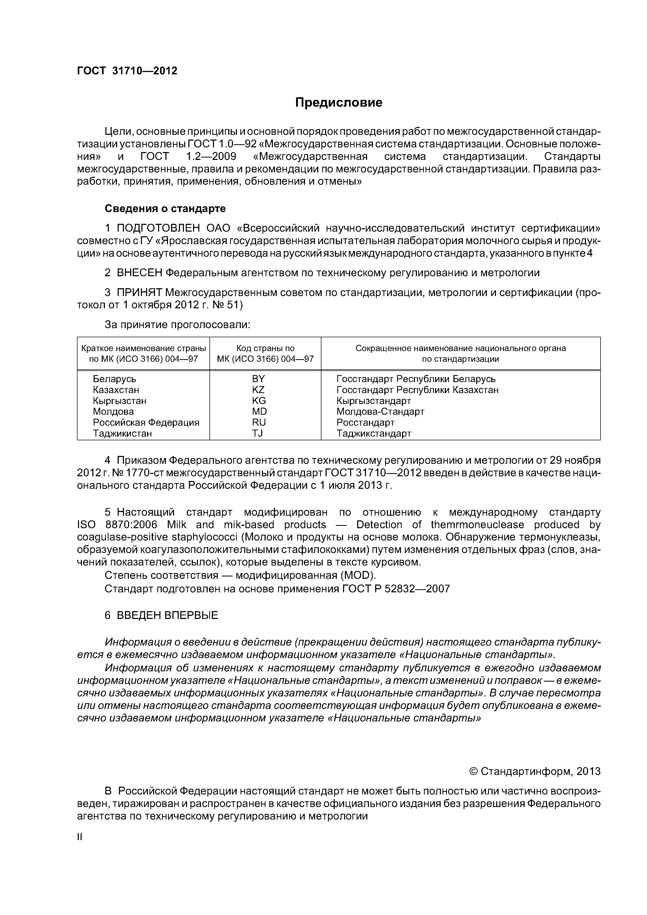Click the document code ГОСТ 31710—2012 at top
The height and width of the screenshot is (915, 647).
[127, 71]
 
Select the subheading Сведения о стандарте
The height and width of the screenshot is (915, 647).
[165, 208]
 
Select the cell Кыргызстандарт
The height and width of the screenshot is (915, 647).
[374, 401]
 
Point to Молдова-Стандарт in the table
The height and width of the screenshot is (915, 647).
[380, 411]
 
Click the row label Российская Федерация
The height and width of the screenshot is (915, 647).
[146, 423]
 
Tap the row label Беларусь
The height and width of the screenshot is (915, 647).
[115, 379]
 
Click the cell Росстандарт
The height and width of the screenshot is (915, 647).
[366, 423]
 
